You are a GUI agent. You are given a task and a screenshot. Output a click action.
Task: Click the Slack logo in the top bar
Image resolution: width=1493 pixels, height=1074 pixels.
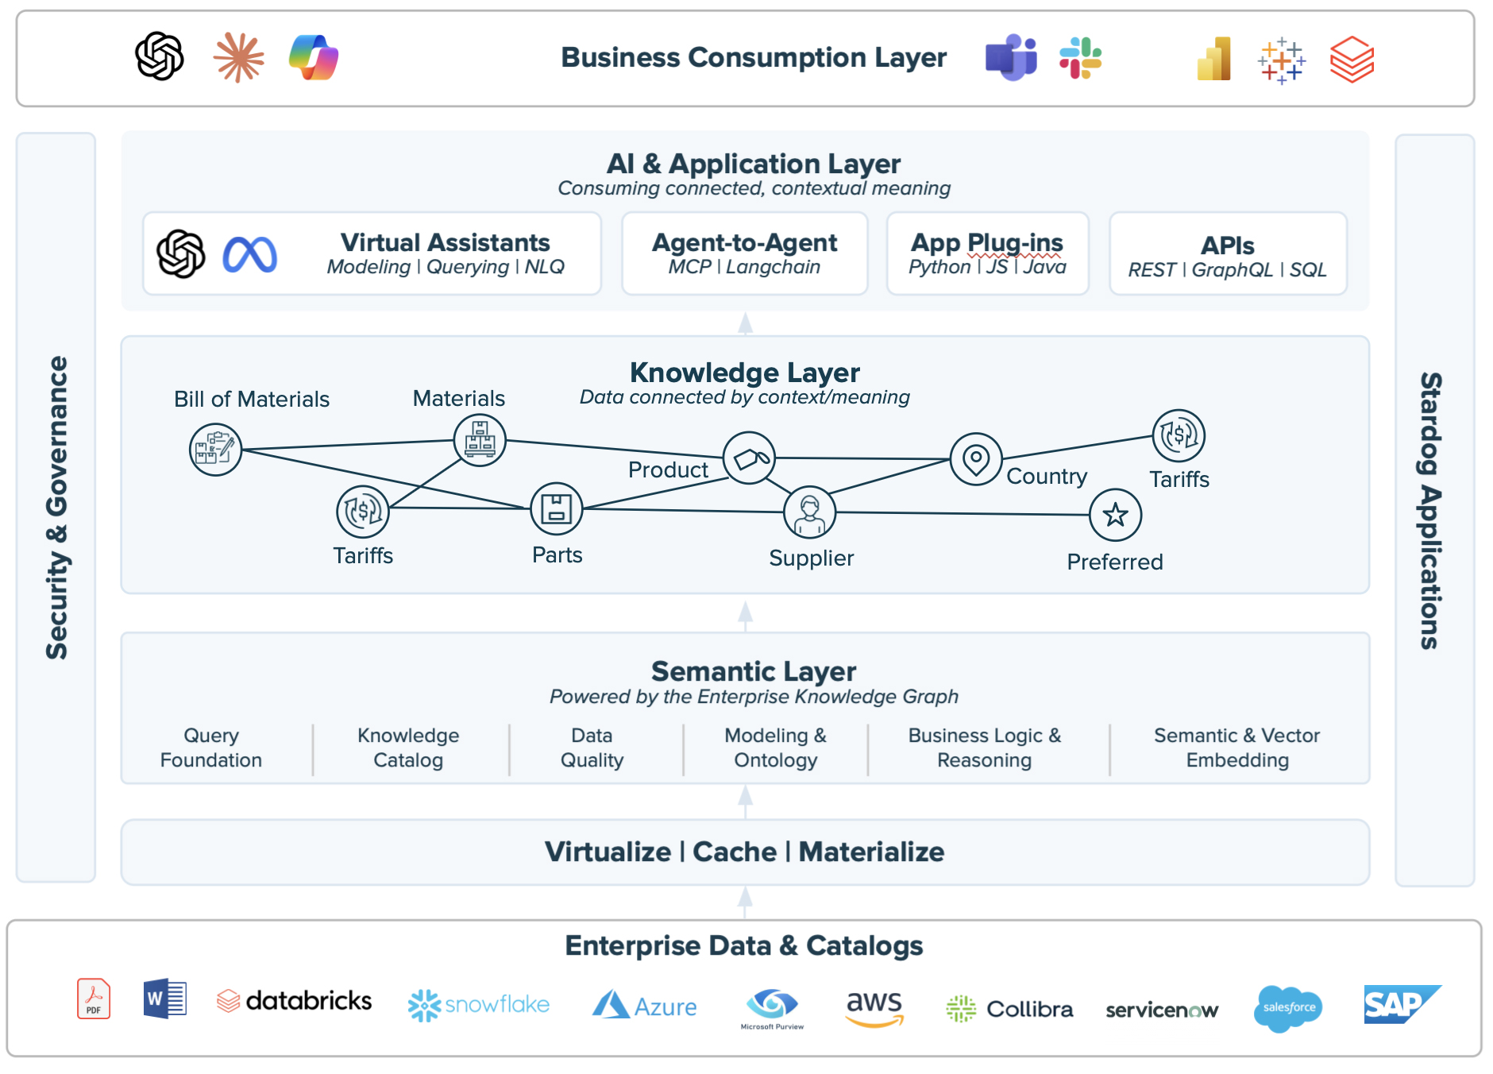click(x=1080, y=58)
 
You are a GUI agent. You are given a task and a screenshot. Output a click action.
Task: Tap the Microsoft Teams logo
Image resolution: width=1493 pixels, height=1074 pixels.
click(x=1011, y=58)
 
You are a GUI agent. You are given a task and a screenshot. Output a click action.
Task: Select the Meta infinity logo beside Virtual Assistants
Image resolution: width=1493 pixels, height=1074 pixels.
click(x=249, y=255)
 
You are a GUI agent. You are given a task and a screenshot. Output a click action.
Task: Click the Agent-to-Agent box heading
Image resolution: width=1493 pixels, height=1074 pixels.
click(x=745, y=242)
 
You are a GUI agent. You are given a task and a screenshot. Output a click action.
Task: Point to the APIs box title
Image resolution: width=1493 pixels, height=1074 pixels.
click(x=1228, y=245)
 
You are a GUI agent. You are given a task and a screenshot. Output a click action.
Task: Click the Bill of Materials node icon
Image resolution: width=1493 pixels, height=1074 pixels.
click(x=215, y=450)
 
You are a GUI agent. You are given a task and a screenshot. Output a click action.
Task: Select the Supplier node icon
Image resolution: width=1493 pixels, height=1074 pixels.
click(x=809, y=512)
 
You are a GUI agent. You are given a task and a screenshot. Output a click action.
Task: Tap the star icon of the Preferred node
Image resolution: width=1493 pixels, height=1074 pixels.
click(x=1115, y=515)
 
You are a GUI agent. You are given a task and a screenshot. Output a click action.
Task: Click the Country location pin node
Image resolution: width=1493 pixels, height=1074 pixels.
click(x=976, y=459)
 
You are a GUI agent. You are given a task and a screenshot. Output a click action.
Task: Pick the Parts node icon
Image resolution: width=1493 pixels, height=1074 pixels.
click(x=557, y=508)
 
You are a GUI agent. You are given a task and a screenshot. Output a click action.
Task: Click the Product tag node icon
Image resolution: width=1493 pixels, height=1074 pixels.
click(x=749, y=458)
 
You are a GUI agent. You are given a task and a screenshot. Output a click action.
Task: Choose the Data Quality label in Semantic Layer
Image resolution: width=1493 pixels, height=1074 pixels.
click(x=592, y=748)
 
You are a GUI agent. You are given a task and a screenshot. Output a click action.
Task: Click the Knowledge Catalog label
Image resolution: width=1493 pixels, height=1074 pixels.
click(x=408, y=748)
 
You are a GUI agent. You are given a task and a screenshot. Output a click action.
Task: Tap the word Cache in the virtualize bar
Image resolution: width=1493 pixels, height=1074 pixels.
click(x=735, y=852)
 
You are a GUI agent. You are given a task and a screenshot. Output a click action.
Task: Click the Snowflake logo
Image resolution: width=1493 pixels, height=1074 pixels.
click(x=479, y=1005)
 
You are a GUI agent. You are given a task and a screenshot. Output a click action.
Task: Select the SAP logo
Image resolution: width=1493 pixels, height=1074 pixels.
click(x=1401, y=1005)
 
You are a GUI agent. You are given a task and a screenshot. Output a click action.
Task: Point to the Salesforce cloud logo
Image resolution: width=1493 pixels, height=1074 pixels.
click(x=1288, y=1008)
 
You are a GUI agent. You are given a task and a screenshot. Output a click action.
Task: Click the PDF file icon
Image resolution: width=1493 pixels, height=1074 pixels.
click(x=94, y=999)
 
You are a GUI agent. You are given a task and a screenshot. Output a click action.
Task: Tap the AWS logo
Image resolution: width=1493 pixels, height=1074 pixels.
click(x=874, y=1007)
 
